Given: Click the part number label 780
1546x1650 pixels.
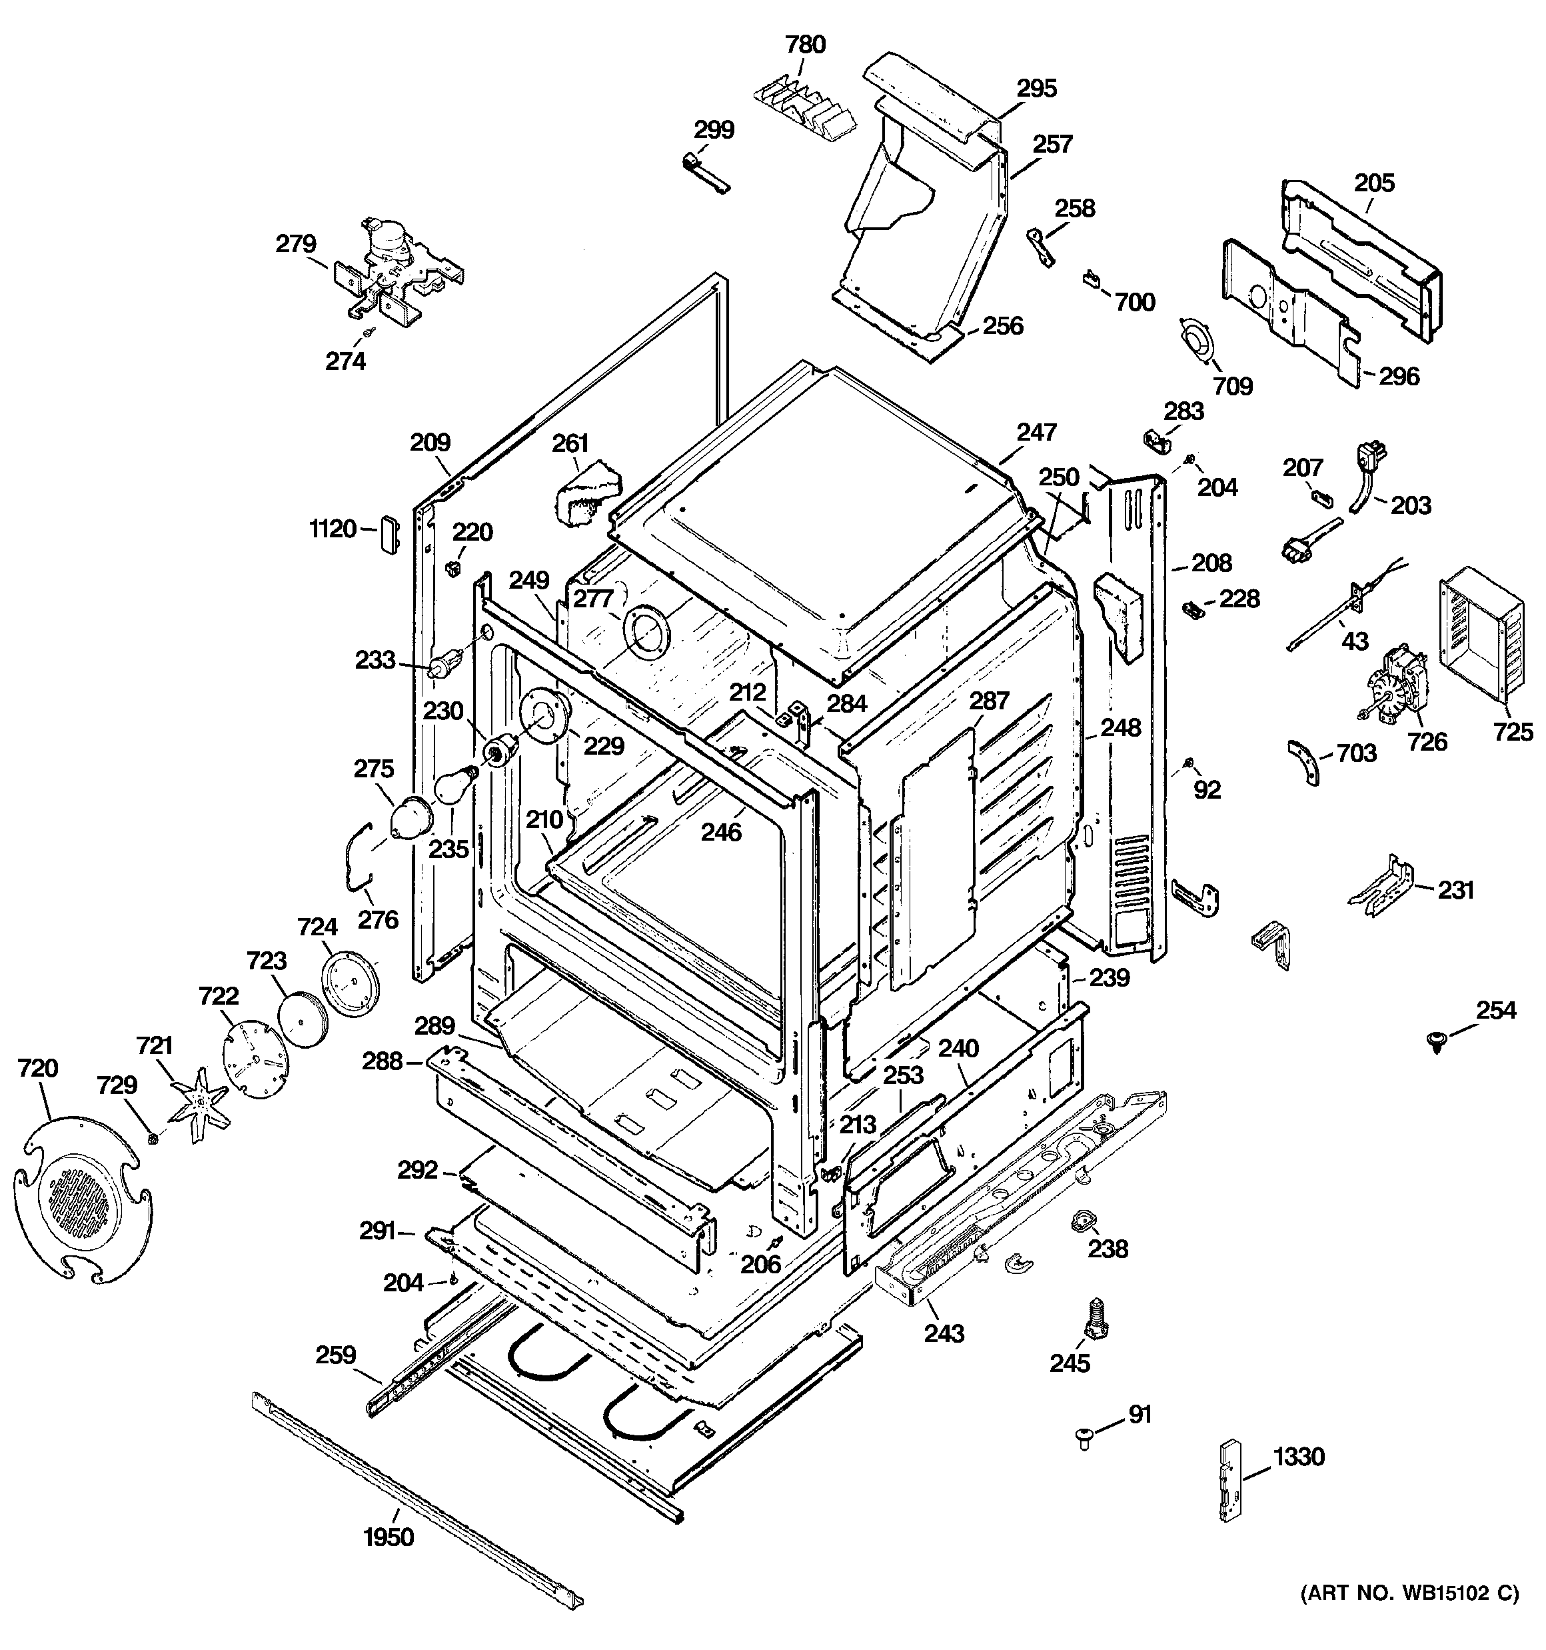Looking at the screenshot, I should coord(805,45).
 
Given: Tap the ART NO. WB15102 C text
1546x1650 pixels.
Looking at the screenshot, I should coord(1408,1593).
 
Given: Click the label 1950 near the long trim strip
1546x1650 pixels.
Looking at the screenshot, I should coord(388,1538).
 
